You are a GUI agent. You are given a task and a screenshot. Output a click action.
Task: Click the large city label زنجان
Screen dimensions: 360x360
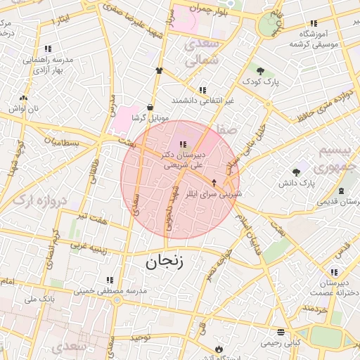point(165,263)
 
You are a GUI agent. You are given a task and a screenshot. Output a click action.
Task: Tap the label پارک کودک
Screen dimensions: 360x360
point(262,82)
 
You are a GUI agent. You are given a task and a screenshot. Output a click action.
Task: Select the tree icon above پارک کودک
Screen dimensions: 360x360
point(261,71)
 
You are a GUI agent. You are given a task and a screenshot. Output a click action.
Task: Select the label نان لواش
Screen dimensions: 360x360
point(23,109)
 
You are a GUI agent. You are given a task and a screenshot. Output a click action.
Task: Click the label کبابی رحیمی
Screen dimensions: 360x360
point(281,343)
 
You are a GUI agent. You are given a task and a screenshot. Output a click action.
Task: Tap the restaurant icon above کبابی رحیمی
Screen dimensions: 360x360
point(281,332)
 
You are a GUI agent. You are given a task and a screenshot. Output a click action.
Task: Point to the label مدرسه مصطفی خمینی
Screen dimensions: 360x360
point(110,290)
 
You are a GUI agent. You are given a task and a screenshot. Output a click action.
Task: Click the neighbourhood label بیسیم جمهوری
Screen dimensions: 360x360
point(335,159)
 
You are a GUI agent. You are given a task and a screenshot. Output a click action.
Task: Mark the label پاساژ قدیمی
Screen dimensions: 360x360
point(340,202)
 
